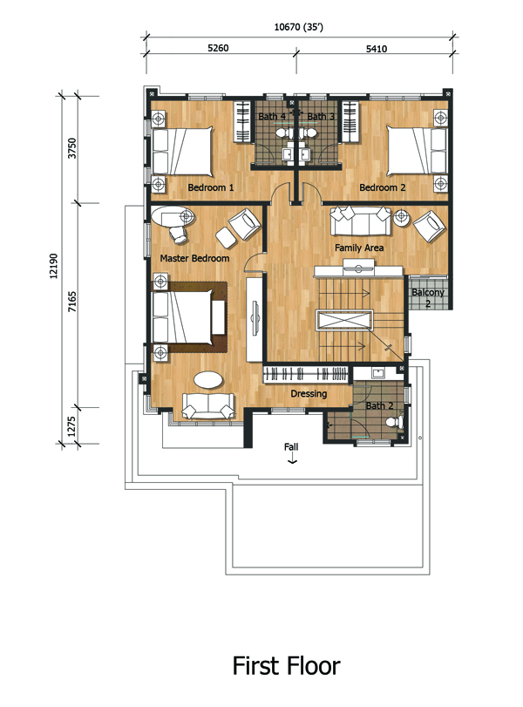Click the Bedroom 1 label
211,187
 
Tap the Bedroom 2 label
382,187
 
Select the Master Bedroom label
194,258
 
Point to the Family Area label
359,248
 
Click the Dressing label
309,394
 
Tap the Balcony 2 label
428,297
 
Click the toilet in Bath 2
395,422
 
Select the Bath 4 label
272,116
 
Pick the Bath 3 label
321,116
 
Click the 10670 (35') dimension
299,27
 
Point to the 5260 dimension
218,48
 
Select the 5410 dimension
377,49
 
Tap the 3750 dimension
72,148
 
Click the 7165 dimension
72,303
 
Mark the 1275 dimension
71,426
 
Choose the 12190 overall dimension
54,266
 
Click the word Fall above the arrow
291,447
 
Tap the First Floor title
286,666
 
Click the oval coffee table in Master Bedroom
208,378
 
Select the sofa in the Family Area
360,221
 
